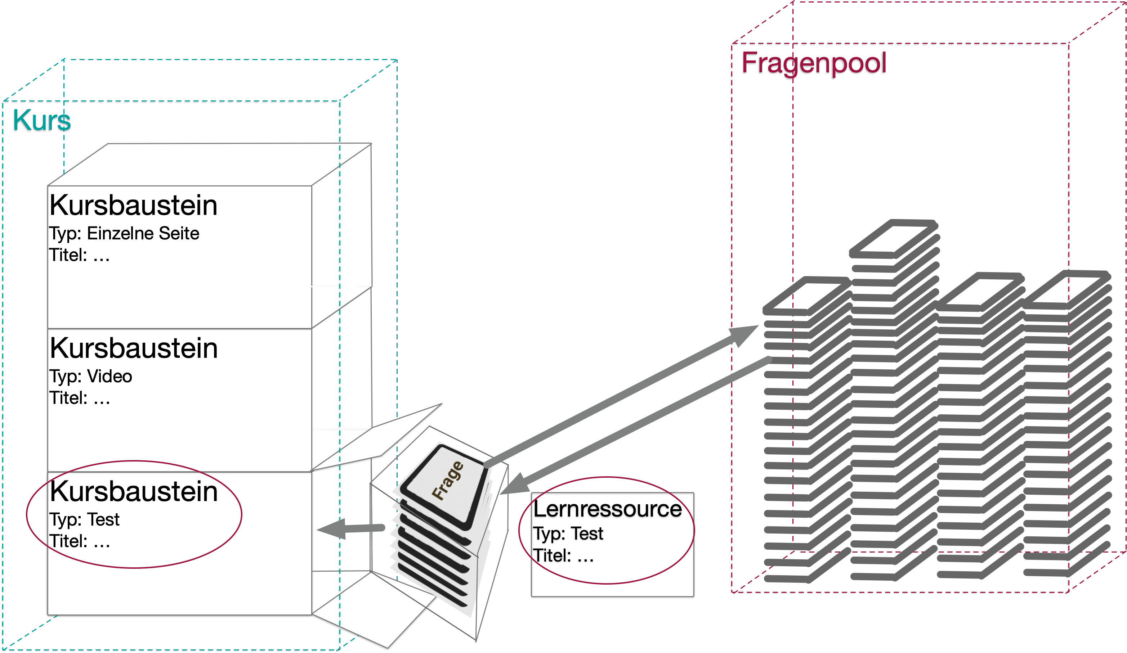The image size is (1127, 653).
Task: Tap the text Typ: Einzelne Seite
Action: point(124,233)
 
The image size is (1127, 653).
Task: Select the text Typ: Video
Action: point(90,376)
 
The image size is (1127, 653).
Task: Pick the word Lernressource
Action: point(607,509)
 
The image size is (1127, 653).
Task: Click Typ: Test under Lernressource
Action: point(568,533)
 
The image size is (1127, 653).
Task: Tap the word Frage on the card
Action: point(447,481)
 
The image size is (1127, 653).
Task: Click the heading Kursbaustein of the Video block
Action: point(133,348)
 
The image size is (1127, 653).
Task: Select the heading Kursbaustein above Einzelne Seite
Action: point(133,205)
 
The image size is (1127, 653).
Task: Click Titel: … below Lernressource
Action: point(563,555)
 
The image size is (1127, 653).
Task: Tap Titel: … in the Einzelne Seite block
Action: point(79,255)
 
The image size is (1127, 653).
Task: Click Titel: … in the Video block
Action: point(79,398)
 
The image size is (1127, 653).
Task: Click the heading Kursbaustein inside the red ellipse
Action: point(133,491)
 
